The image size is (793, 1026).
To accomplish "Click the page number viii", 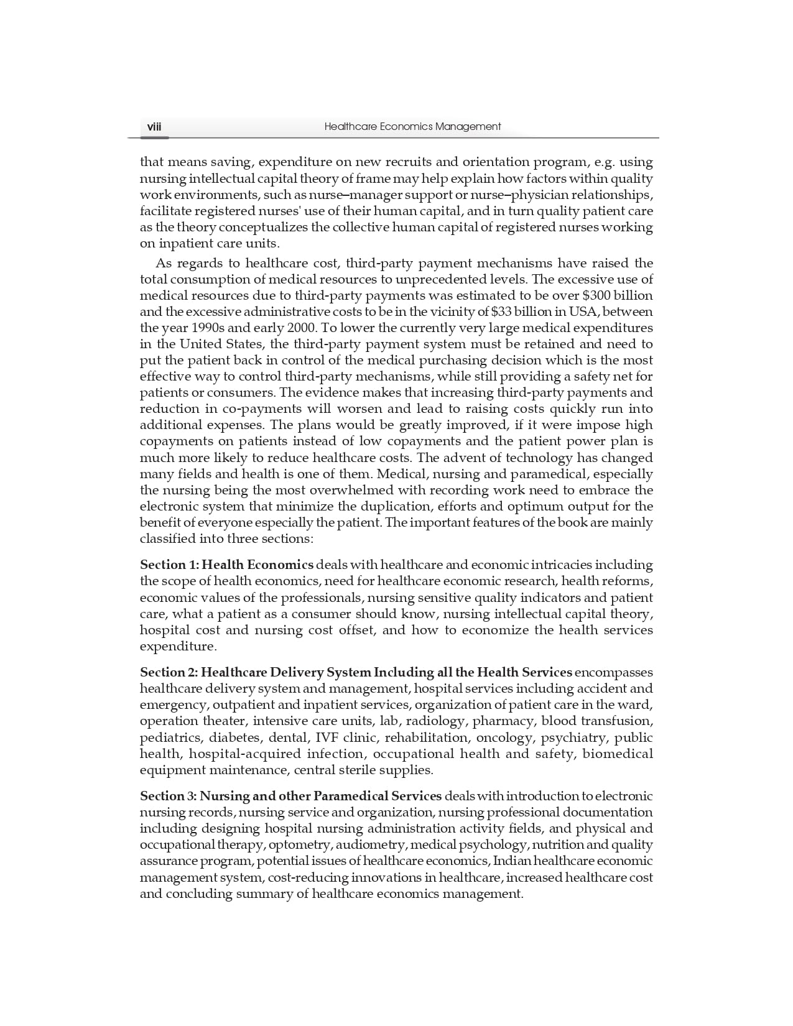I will [154, 127].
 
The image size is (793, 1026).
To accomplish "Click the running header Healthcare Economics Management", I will [412, 127].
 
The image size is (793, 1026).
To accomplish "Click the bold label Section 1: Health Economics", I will [226, 565].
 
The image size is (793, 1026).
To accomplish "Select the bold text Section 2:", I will [168, 672].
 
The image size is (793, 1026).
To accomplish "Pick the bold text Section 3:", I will [168, 796].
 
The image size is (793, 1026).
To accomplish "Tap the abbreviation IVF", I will [328, 737].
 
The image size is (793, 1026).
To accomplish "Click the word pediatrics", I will [170, 737].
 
